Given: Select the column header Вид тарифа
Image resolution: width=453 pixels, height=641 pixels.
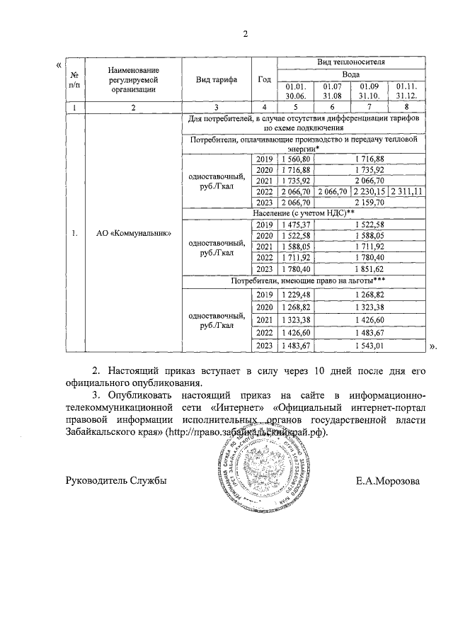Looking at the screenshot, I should [x=217, y=79].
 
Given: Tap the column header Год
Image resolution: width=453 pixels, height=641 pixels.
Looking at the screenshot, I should [x=264, y=79].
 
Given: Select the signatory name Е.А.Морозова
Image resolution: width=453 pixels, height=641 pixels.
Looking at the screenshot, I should [x=388, y=481].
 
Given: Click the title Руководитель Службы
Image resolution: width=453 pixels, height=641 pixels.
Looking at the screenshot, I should [x=115, y=481].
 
